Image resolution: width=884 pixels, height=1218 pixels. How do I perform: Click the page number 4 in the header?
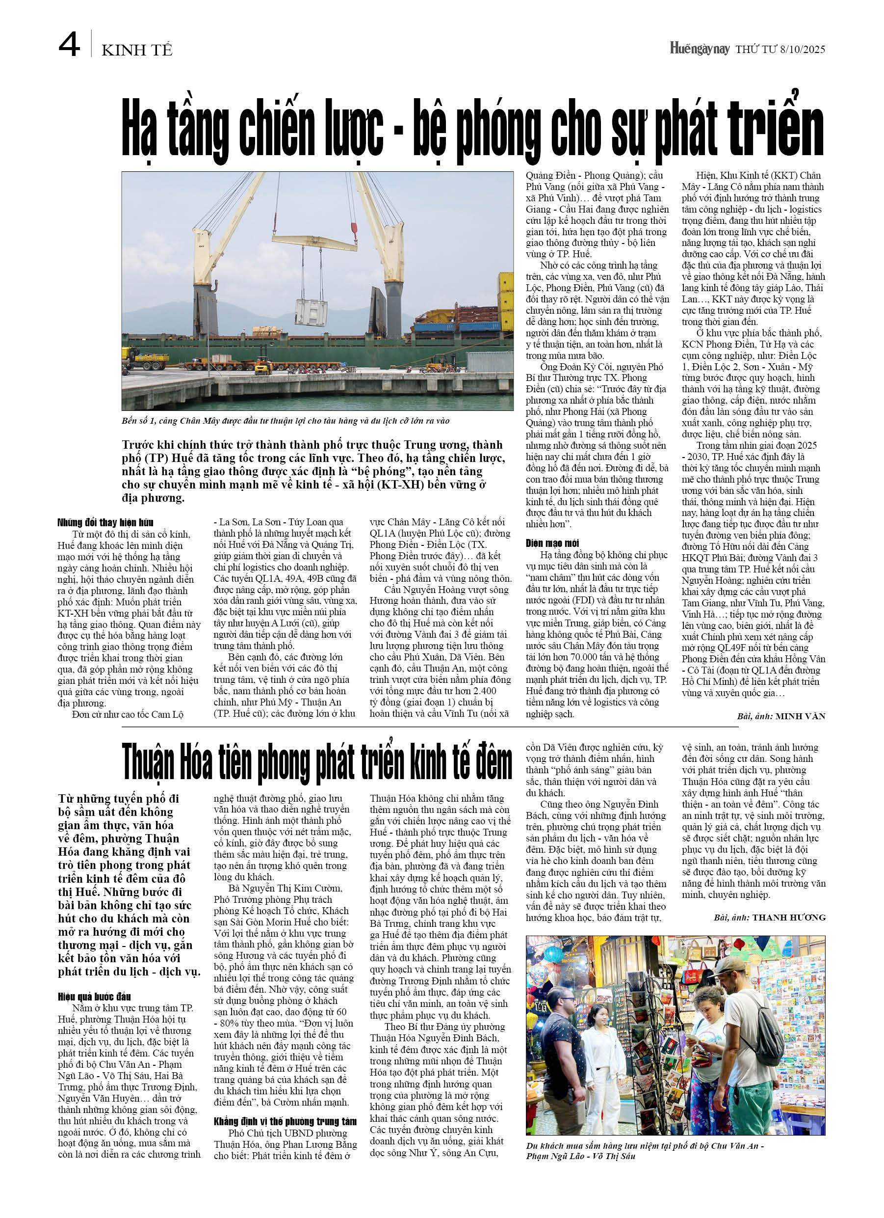(69, 45)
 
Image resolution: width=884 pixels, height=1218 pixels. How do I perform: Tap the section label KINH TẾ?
(137, 51)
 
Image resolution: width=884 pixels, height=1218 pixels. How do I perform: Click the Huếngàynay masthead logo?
(700, 49)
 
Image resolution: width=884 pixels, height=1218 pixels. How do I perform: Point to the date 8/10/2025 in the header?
(803, 50)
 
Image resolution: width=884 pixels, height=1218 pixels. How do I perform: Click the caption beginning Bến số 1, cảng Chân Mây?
(285, 421)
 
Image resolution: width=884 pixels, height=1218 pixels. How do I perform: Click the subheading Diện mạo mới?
(552, 543)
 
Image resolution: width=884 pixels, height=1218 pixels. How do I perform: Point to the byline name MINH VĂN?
(800, 716)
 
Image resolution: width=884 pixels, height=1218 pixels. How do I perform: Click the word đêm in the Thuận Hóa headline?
(490, 762)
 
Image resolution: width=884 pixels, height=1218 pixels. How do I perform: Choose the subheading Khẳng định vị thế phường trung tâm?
(285, 1121)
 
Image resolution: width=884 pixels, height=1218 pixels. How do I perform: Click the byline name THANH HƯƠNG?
(788, 917)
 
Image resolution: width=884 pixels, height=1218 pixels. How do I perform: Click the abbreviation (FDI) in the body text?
(588, 600)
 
